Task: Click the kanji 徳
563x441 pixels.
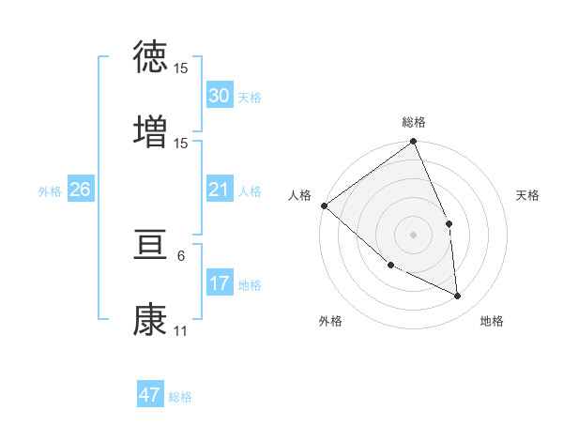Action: [x=150, y=57]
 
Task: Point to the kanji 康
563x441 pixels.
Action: [x=150, y=319]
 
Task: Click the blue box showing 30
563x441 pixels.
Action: [x=219, y=95]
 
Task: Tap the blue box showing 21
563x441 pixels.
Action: [x=219, y=190]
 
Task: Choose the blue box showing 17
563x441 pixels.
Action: [x=219, y=282]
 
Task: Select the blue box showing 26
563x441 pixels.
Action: [x=80, y=190]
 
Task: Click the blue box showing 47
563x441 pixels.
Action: [x=150, y=395]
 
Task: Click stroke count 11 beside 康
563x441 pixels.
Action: [x=180, y=331]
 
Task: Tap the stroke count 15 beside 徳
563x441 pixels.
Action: [x=181, y=68]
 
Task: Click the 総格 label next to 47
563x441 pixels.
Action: [x=180, y=397]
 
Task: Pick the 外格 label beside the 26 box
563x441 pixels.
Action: [x=50, y=190]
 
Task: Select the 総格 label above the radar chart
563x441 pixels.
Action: [x=414, y=122]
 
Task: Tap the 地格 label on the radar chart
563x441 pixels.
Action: [x=492, y=321]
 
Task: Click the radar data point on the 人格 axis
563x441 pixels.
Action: [x=324, y=205]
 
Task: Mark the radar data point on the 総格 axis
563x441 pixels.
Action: [x=414, y=143]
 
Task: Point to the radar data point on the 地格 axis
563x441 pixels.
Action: [x=458, y=296]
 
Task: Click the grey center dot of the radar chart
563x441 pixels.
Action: [x=413, y=234]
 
